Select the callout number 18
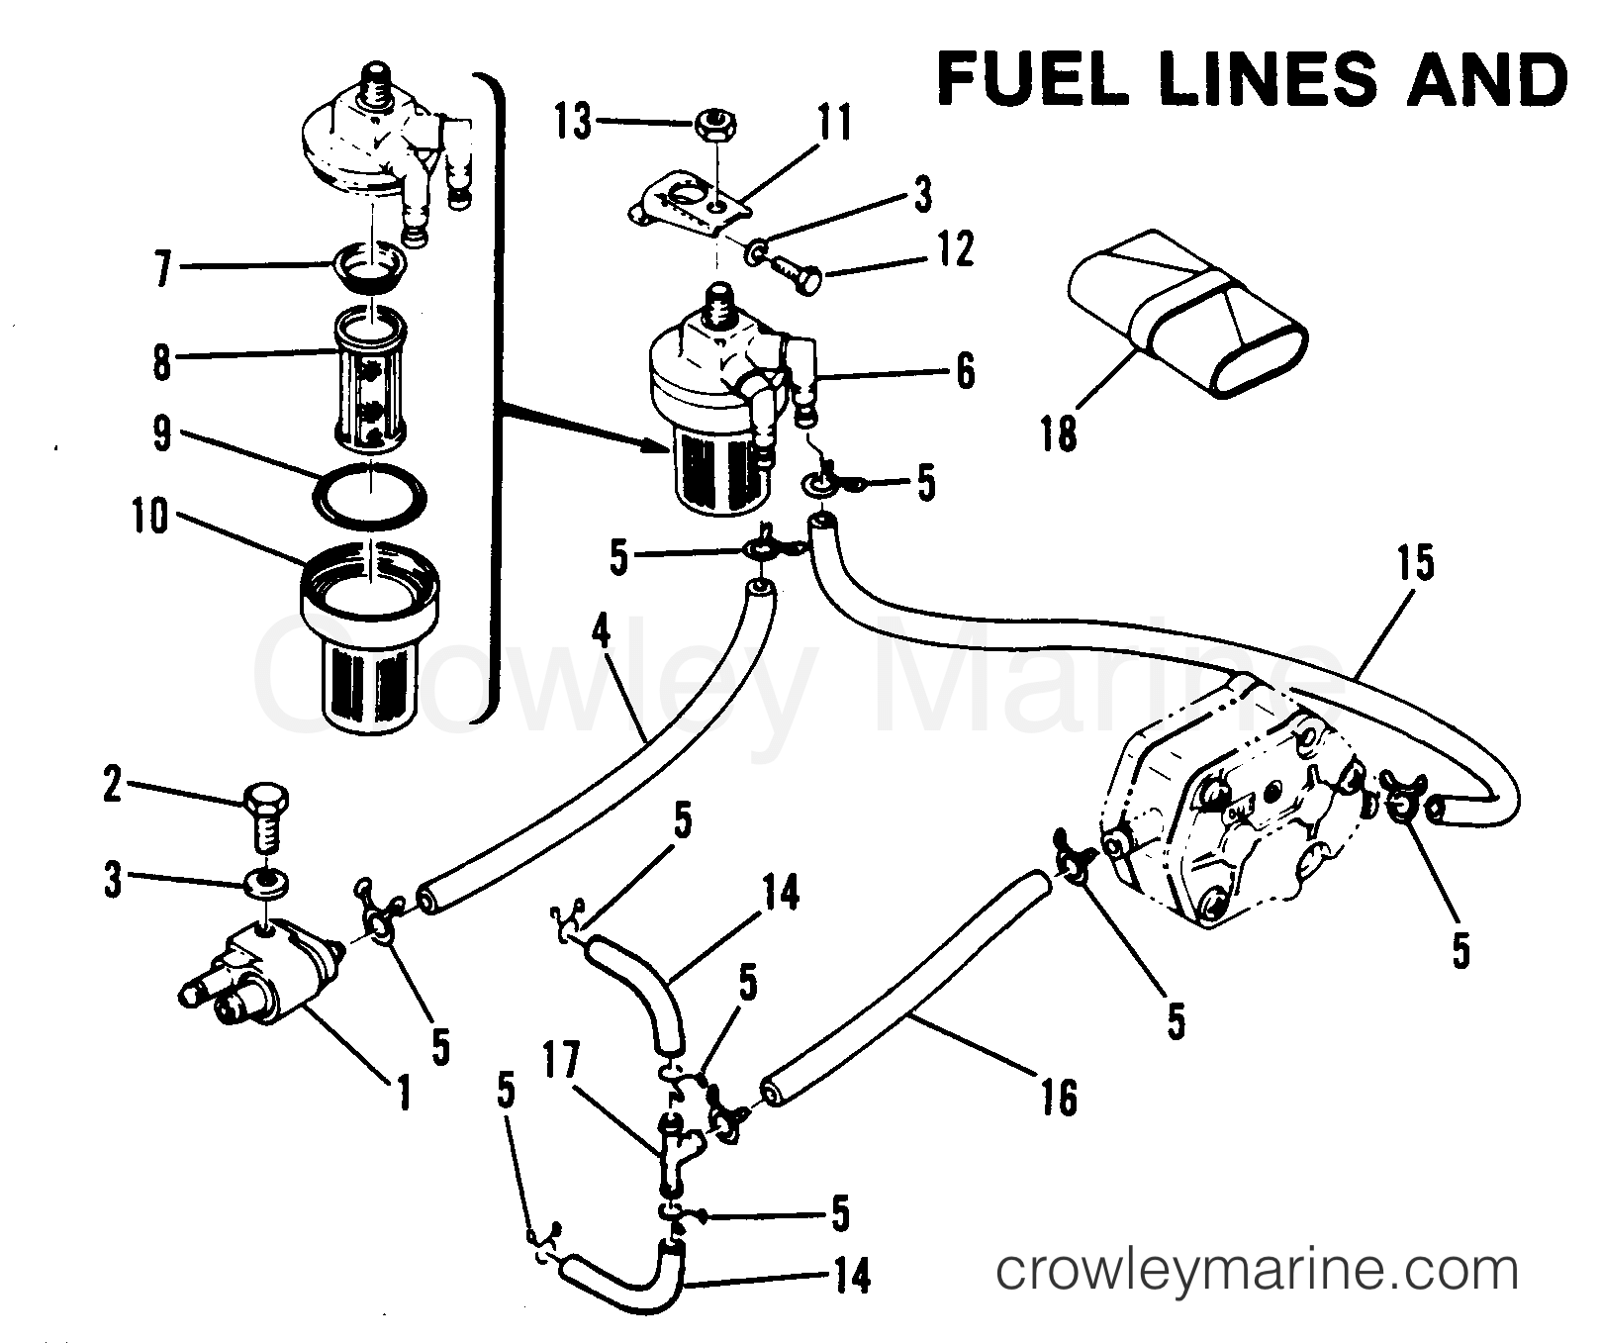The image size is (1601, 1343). coord(1058,432)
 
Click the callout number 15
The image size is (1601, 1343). coord(1415,563)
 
